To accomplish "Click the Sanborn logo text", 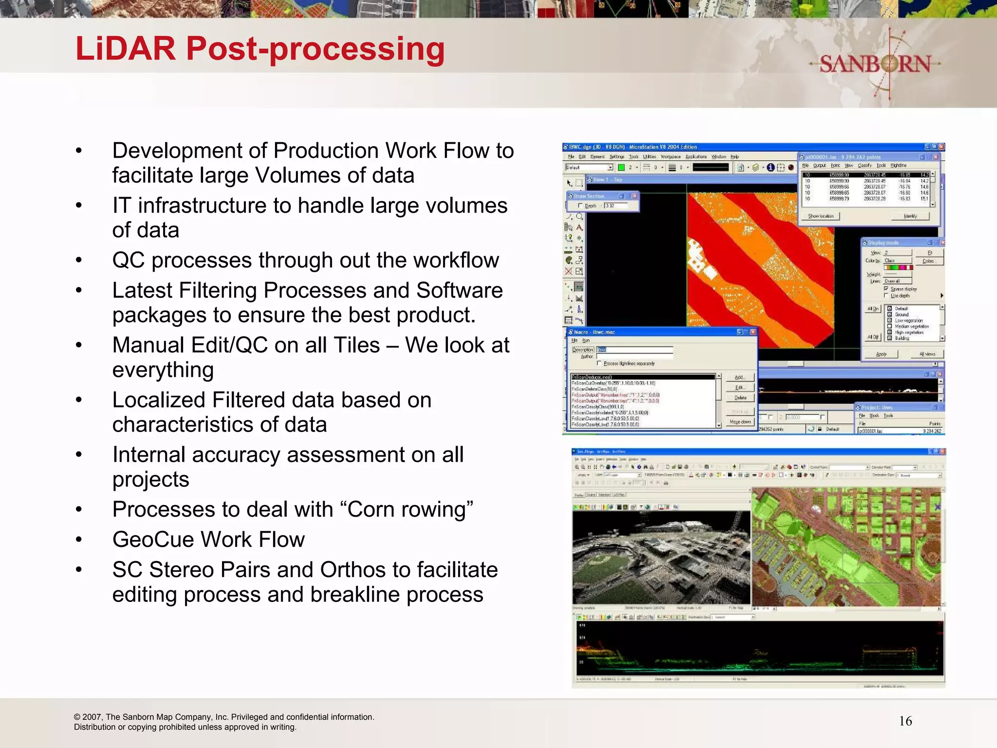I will pyautogui.click(x=875, y=64).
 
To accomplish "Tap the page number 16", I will pyautogui.click(x=905, y=721).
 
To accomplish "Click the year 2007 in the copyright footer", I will pyautogui.click(x=92, y=717).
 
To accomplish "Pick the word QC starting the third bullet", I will pyautogui.click(x=128, y=261).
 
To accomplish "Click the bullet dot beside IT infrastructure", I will pyautogui.click(x=79, y=206).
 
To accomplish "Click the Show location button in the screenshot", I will pyautogui.click(x=821, y=216).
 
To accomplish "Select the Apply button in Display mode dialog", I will pyautogui.click(x=881, y=354).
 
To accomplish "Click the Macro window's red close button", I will pyautogui.click(x=753, y=332).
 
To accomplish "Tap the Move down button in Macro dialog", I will pyautogui.click(x=740, y=422).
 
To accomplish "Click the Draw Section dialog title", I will pyautogui.click(x=589, y=196).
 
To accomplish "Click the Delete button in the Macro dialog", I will pyautogui.click(x=740, y=398).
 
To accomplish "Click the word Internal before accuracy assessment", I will pyautogui.click(x=148, y=455).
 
